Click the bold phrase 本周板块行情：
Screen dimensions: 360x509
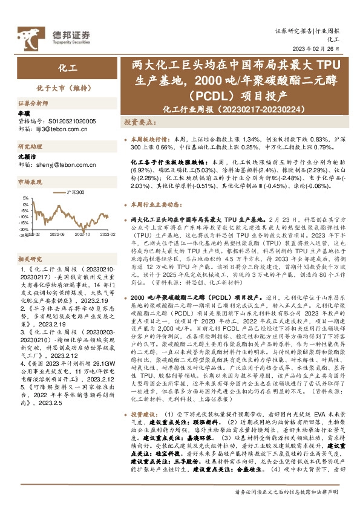click(x=151, y=138)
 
